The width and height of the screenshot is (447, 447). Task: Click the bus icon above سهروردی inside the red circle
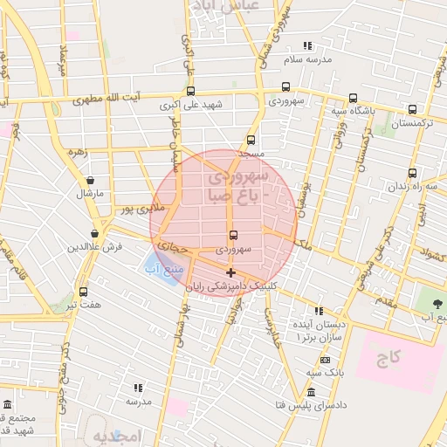233,235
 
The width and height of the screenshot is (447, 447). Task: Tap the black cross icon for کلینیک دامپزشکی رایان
230,273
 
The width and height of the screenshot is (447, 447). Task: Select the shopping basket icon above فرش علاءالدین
94,233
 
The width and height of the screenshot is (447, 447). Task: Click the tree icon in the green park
436,303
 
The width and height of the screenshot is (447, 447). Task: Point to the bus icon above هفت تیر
83,292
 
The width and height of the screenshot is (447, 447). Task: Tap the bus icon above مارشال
90,180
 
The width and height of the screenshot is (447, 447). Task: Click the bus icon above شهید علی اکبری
190,91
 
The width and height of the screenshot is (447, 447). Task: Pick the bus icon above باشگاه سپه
353,98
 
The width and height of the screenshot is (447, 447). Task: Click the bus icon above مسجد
251,140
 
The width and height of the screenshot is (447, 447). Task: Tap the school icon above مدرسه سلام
307,45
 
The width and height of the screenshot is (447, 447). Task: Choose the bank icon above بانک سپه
326,360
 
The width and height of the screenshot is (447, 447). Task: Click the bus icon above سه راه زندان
413,173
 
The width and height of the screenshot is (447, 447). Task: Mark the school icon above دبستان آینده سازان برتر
320,311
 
